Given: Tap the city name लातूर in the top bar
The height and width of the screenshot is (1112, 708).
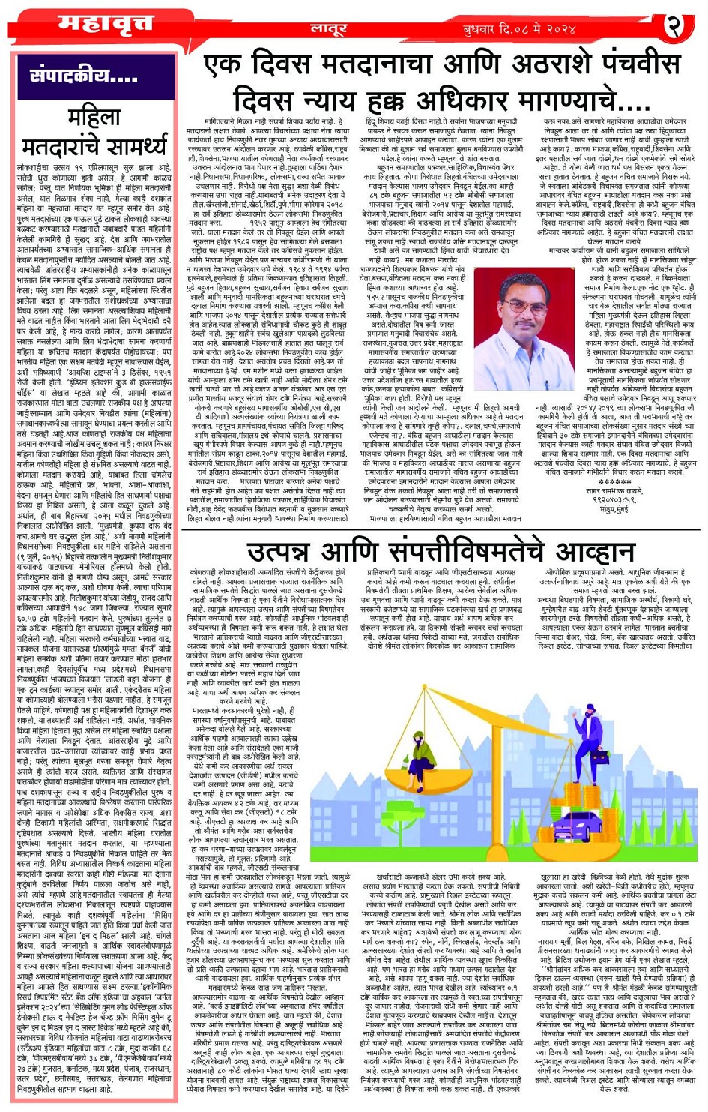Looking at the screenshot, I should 329,28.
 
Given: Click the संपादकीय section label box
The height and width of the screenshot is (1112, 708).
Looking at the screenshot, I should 83,76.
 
